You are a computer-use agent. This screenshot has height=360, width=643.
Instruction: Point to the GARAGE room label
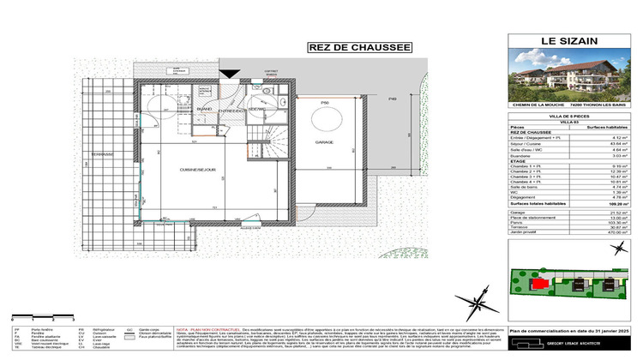coord(323,141)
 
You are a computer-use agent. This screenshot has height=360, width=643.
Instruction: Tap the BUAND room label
coord(205,109)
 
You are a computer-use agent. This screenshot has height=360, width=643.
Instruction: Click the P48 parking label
coord(394,100)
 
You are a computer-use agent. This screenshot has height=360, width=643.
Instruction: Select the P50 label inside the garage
coord(326,103)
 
